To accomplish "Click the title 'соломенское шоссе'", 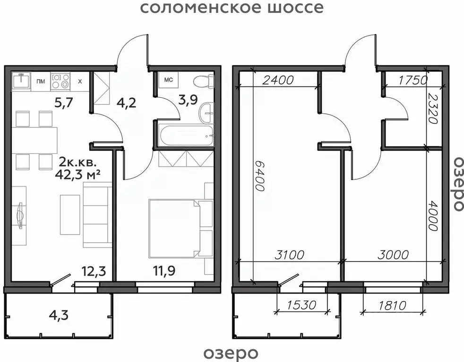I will click(x=232, y=8).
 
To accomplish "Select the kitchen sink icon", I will click(x=21, y=81).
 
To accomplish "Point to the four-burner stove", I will click(x=60, y=81).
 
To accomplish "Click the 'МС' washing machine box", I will click(x=168, y=80).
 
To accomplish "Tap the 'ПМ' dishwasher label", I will click(x=41, y=82).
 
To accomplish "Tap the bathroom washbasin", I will click(x=206, y=112).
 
